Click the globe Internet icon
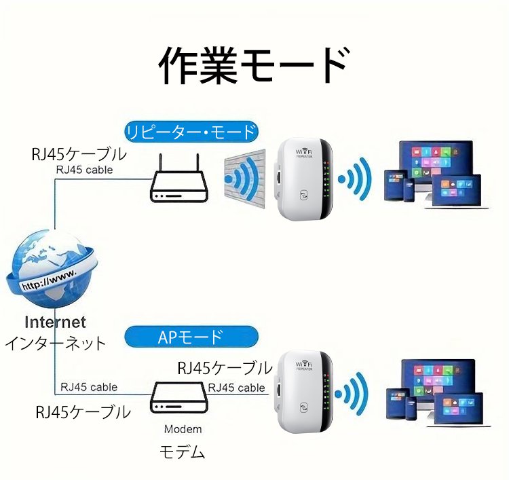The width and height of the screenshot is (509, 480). [x=49, y=268]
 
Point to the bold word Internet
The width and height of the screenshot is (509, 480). [x=56, y=322]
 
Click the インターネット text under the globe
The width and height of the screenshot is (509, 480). [x=56, y=343]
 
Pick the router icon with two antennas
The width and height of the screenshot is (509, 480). [x=177, y=183]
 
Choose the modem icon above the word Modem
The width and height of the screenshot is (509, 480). [x=177, y=400]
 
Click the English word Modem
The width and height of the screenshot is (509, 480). [x=183, y=429]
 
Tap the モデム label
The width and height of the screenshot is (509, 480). [x=183, y=451]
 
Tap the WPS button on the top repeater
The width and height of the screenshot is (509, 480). [x=303, y=194]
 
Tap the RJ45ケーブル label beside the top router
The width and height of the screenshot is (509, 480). [x=79, y=153]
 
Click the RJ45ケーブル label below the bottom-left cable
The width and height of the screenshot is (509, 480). [x=83, y=411]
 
